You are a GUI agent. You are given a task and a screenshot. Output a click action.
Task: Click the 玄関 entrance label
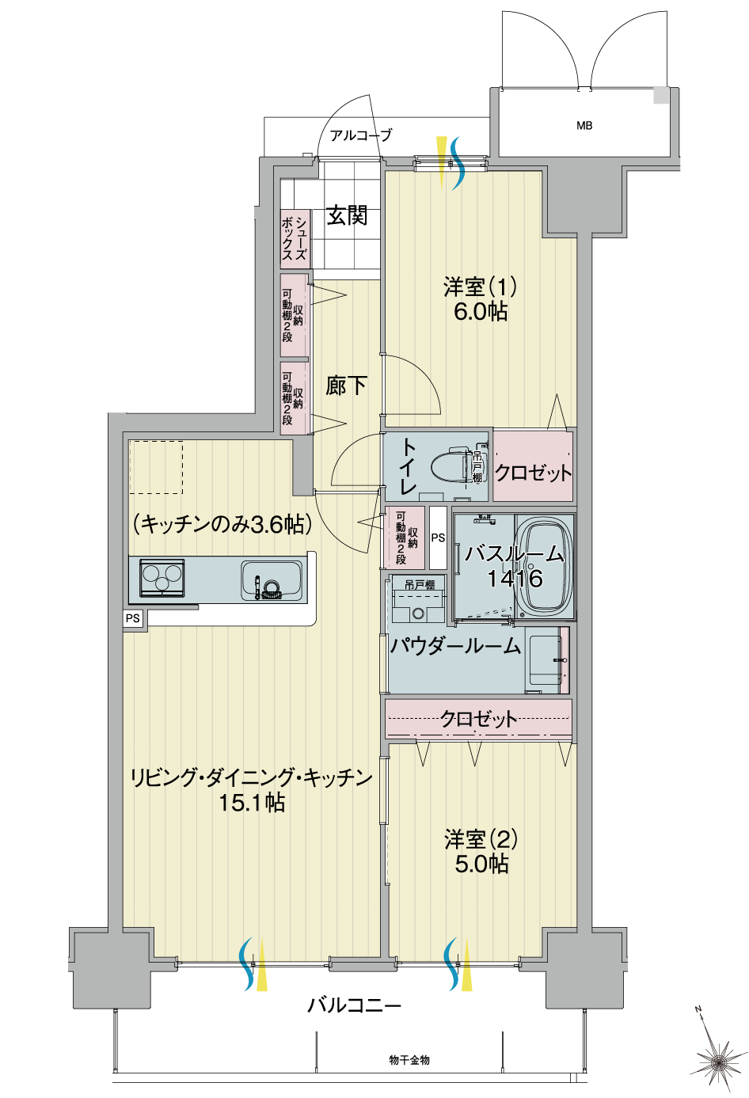pyautogui.click(x=347, y=215)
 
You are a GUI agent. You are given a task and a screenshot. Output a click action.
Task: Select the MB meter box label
pyautogui.click(x=584, y=126)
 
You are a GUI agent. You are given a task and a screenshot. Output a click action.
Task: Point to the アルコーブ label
pyautogui.click(x=361, y=135)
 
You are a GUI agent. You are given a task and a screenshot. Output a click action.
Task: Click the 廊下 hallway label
pyautogui.click(x=346, y=386)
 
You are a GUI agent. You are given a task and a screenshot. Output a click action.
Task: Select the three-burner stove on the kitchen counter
pyautogui.click(x=162, y=579)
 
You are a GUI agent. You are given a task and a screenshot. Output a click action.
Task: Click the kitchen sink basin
pyautogui.click(x=271, y=580)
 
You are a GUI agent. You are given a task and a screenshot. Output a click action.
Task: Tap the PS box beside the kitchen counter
pyautogui.click(x=132, y=618)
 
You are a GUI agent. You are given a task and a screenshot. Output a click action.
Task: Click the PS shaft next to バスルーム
pyautogui.click(x=438, y=538)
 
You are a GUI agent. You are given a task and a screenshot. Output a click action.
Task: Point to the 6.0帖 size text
pyautogui.click(x=481, y=312)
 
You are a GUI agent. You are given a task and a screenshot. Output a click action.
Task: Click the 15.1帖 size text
pyautogui.click(x=252, y=803)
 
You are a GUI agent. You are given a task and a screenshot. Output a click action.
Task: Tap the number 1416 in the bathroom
pyautogui.click(x=515, y=579)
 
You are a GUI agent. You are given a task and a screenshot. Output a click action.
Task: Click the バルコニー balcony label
pyautogui.click(x=355, y=1006)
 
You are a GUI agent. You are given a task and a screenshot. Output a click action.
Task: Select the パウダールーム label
pyautogui.click(x=455, y=645)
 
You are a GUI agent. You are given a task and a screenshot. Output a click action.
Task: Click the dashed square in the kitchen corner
pyautogui.click(x=156, y=467)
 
